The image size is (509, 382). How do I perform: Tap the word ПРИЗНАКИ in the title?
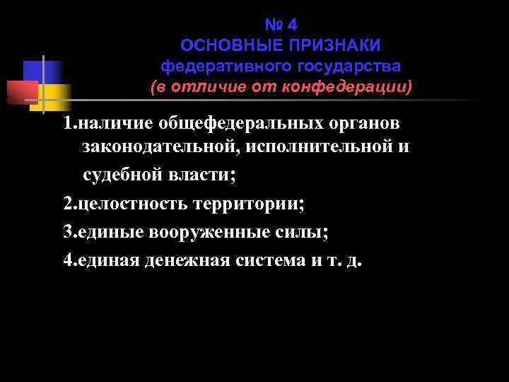[334, 46]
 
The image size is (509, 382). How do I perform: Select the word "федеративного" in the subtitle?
[220, 66]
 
